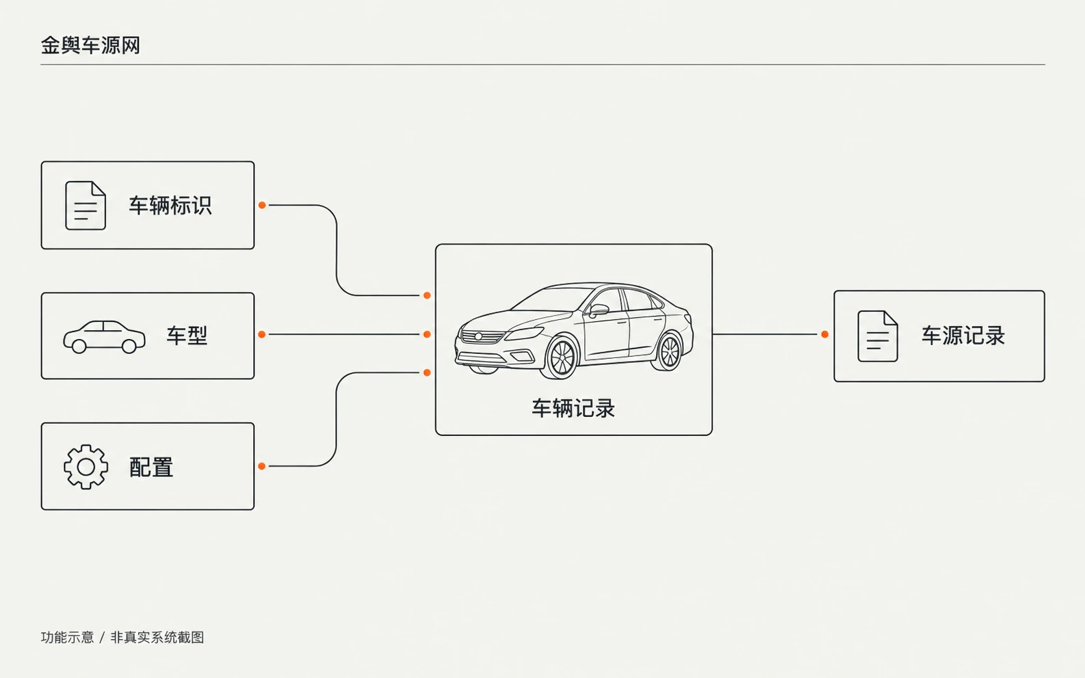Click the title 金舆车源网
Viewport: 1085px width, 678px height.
click(x=90, y=46)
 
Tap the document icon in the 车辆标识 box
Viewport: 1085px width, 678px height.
click(x=86, y=206)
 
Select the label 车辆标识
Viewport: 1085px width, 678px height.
click(x=170, y=206)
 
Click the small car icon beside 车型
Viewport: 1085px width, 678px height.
click(x=104, y=336)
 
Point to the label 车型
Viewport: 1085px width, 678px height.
click(x=187, y=336)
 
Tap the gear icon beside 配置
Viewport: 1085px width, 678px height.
click(x=86, y=467)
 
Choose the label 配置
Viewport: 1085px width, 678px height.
click(x=151, y=467)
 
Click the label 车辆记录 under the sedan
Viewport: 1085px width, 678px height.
click(x=573, y=409)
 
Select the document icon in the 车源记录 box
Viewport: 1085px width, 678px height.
click(x=878, y=336)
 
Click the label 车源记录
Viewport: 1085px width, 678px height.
click(x=963, y=336)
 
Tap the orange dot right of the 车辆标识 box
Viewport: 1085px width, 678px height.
click(x=262, y=205)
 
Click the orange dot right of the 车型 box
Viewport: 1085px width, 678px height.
click(x=262, y=334)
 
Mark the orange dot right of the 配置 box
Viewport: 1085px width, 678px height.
click(x=262, y=466)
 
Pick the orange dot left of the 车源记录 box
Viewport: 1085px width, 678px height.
click(x=825, y=334)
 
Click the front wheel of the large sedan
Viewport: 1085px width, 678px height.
click(x=562, y=358)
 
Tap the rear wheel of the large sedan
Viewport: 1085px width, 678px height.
click(x=670, y=352)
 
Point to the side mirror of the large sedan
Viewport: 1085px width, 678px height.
click(x=598, y=310)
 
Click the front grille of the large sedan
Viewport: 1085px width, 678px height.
click(x=482, y=336)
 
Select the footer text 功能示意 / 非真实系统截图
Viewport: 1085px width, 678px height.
click(x=122, y=638)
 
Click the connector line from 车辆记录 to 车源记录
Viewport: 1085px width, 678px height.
click(x=765, y=334)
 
